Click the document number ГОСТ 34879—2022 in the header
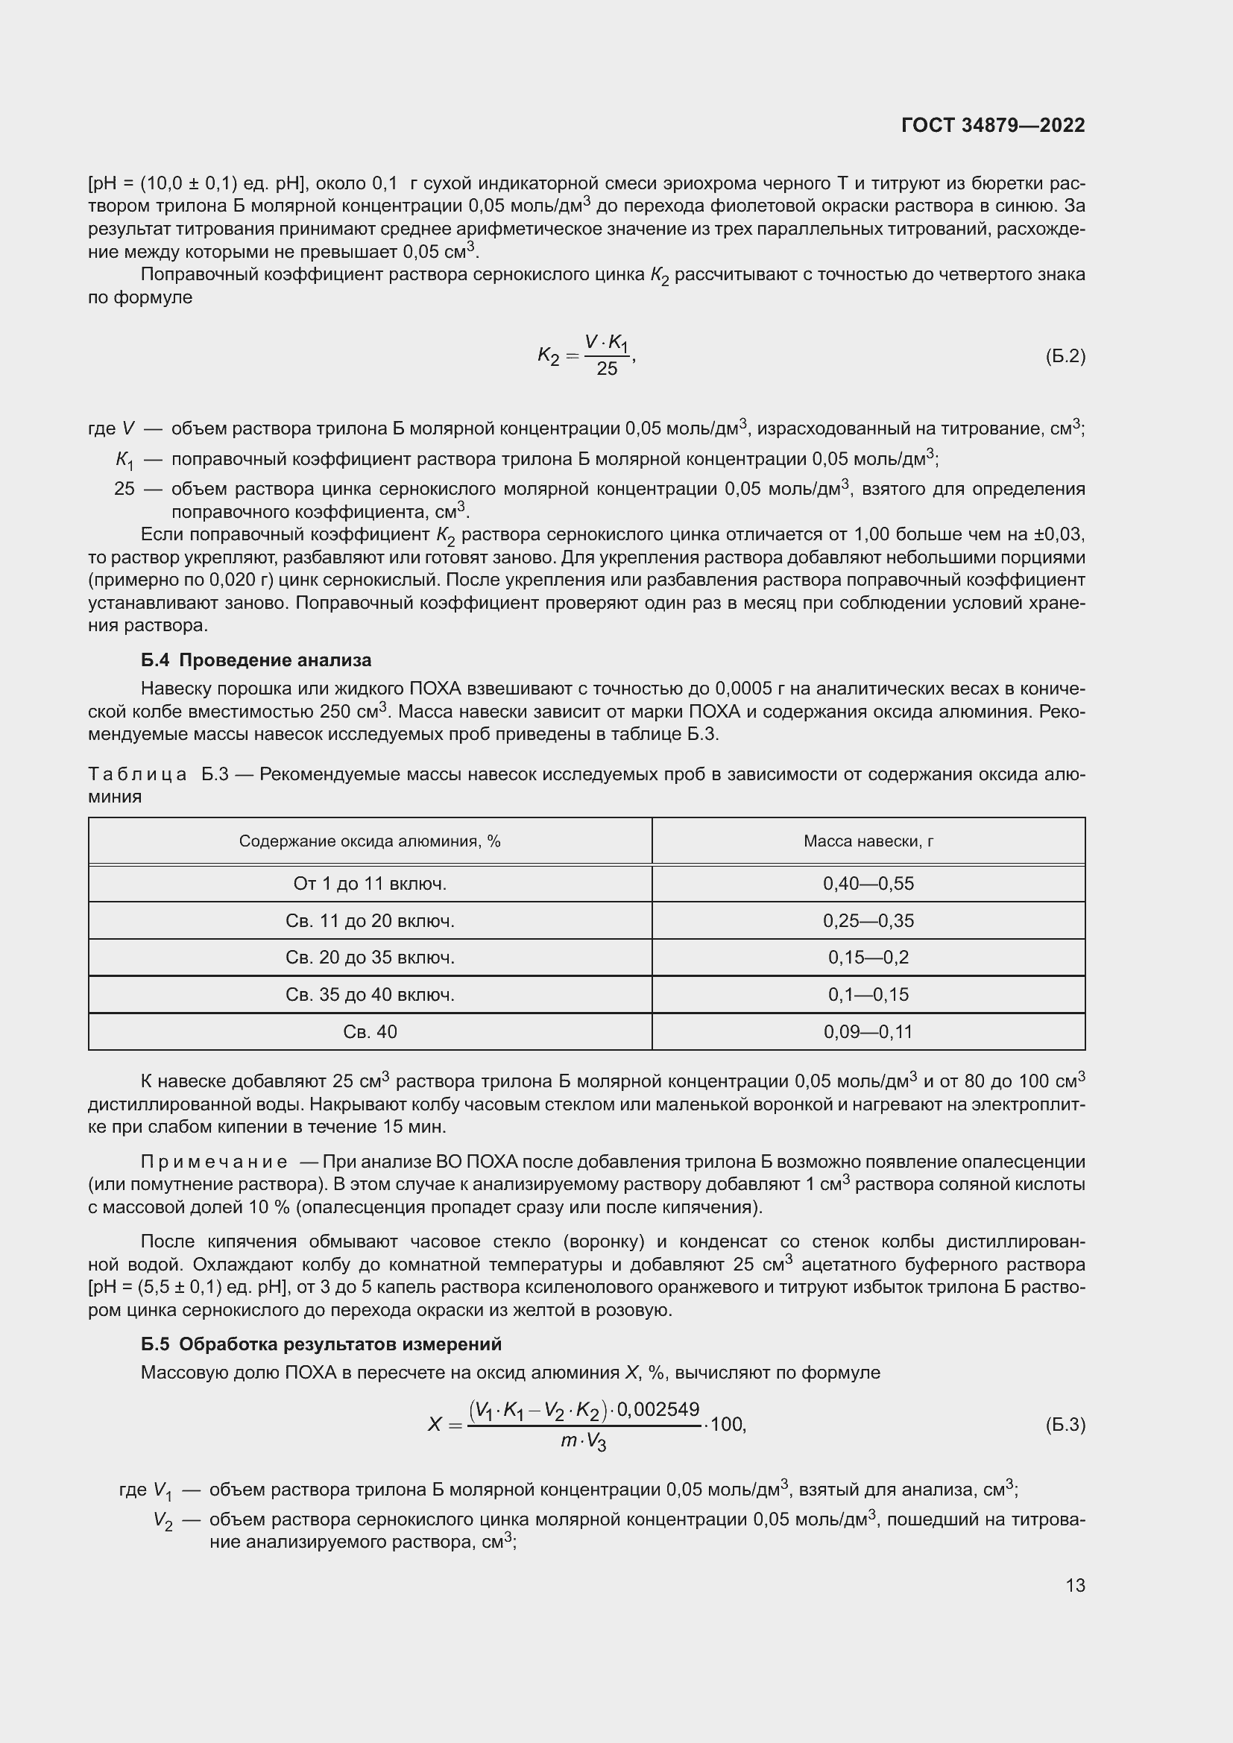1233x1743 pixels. tap(992, 125)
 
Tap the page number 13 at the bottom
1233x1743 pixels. tap(1074, 1585)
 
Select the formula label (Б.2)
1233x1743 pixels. tap(1065, 356)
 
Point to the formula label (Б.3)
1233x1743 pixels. tap(1065, 1424)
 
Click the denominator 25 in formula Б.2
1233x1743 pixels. tap(607, 369)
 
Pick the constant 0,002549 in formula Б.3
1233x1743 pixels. tap(658, 1409)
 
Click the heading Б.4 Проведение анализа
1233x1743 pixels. tap(256, 659)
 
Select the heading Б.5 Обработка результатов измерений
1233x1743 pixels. tap(321, 1344)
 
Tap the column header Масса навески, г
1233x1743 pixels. tap(868, 841)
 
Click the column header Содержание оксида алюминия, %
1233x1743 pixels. tap(370, 841)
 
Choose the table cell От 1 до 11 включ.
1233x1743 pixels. tap(370, 884)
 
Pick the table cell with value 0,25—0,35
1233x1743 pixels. tap(868, 921)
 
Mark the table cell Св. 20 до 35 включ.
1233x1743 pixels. tap(370, 958)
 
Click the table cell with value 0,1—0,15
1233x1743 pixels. tap(868, 995)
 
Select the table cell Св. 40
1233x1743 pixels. tap(370, 1031)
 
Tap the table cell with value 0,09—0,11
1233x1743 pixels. tap(868, 1031)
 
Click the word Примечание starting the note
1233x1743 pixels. tap(214, 1162)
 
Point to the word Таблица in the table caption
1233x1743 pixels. tap(137, 774)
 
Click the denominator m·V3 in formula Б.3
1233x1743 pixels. tap(583, 1441)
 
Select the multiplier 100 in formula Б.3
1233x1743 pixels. tap(727, 1424)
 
